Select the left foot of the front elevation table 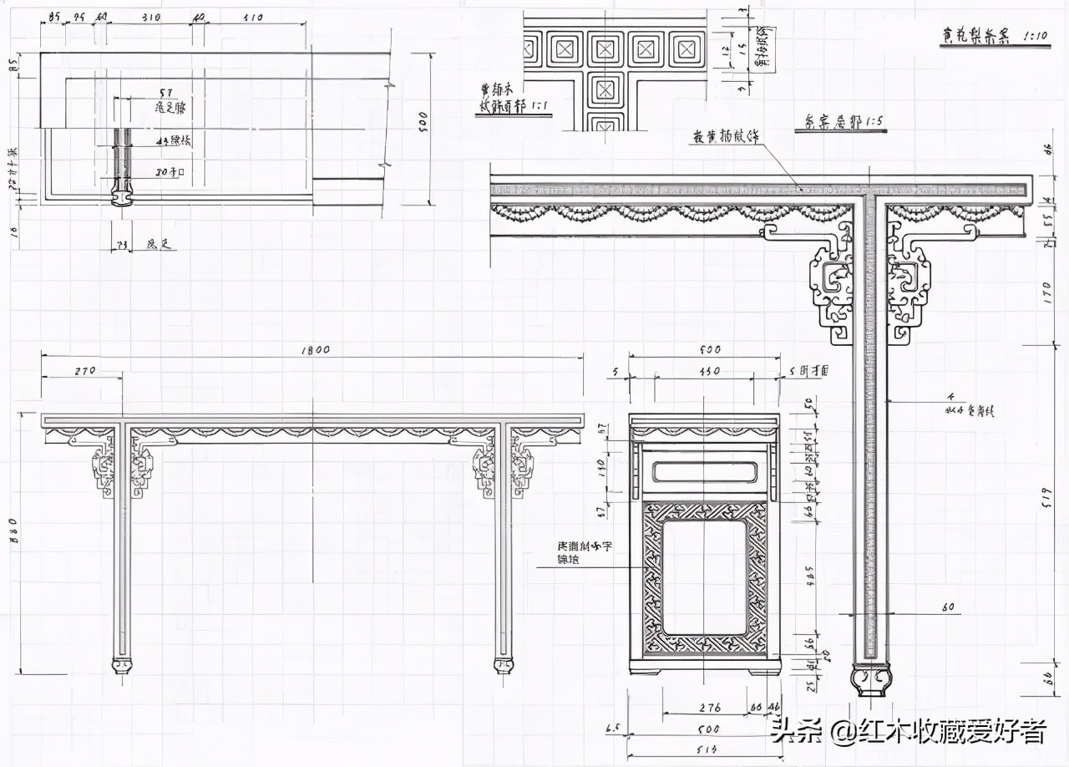point(122,666)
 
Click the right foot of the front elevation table point(504,666)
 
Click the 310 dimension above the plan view point(151,16)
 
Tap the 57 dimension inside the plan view point(165,94)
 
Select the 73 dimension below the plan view point(121,245)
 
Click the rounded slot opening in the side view point(707,472)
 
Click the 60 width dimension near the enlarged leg point(948,607)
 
